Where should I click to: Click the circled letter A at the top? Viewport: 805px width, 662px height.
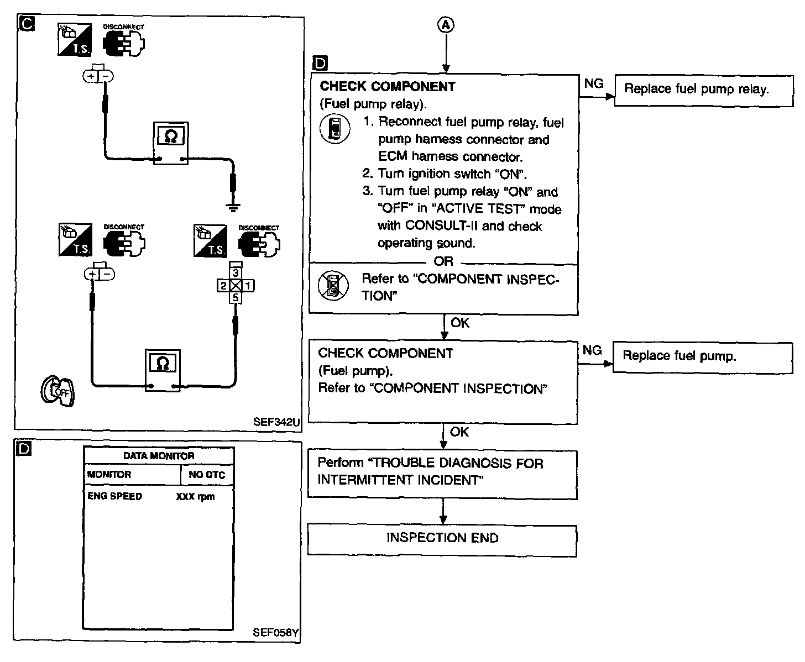[x=446, y=25]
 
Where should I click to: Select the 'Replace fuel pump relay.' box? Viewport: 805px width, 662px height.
[x=703, y=91]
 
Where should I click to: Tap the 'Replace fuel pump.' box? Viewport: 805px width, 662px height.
[x=702, y=358]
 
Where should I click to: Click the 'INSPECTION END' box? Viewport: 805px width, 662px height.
[x=442, y=540]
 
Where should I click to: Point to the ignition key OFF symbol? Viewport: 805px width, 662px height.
[x=57, y=391]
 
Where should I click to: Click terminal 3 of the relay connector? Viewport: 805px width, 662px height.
[x=236, y=273]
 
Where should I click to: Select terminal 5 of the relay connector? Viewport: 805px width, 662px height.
[x=236, y=298]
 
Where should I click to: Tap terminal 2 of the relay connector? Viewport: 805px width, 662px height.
[x=223, y=285]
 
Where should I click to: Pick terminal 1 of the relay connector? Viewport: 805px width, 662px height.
[x=248, y=285]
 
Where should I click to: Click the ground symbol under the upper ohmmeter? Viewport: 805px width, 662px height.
[x=233, y=208]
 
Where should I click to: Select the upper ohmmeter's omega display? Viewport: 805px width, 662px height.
[x=171, y=136]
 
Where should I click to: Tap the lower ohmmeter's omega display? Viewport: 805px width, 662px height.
[x=163, y=363]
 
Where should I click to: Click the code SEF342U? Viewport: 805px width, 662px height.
[x=276, y=422]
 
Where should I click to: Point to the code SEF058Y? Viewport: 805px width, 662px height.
[x=275, y=632]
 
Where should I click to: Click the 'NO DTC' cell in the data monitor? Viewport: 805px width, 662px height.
[x=207, y=474]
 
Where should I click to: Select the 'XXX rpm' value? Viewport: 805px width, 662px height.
[x=195, y=496]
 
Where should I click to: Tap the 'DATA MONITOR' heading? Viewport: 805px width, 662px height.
[x=159, y=455]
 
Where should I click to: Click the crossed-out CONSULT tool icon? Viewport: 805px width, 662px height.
[x=333, y=285]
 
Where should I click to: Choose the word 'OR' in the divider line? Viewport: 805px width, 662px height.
[x=443, y=261]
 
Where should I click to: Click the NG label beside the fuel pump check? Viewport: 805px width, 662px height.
[x=592, y=350]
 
